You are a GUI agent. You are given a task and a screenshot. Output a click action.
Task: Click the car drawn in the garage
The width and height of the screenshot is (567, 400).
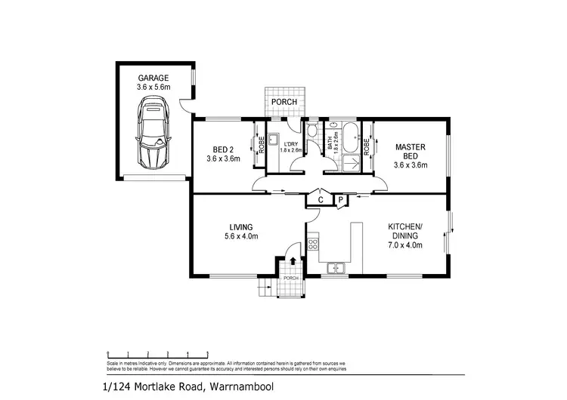[153, 136]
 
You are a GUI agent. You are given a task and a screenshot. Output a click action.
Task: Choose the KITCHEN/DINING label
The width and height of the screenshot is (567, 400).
[410, 231]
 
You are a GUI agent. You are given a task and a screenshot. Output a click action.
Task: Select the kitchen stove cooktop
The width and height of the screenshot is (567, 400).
[313, 245]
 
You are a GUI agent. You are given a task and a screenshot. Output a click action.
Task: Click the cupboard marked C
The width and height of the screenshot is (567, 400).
[321, 200]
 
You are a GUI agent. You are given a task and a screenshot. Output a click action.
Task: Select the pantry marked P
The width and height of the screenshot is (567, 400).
[340, 200]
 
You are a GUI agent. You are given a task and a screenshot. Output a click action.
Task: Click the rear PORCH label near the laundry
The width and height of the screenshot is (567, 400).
[285, 103]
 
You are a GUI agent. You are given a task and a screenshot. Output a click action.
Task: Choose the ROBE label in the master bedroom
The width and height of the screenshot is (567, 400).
[367, 146]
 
